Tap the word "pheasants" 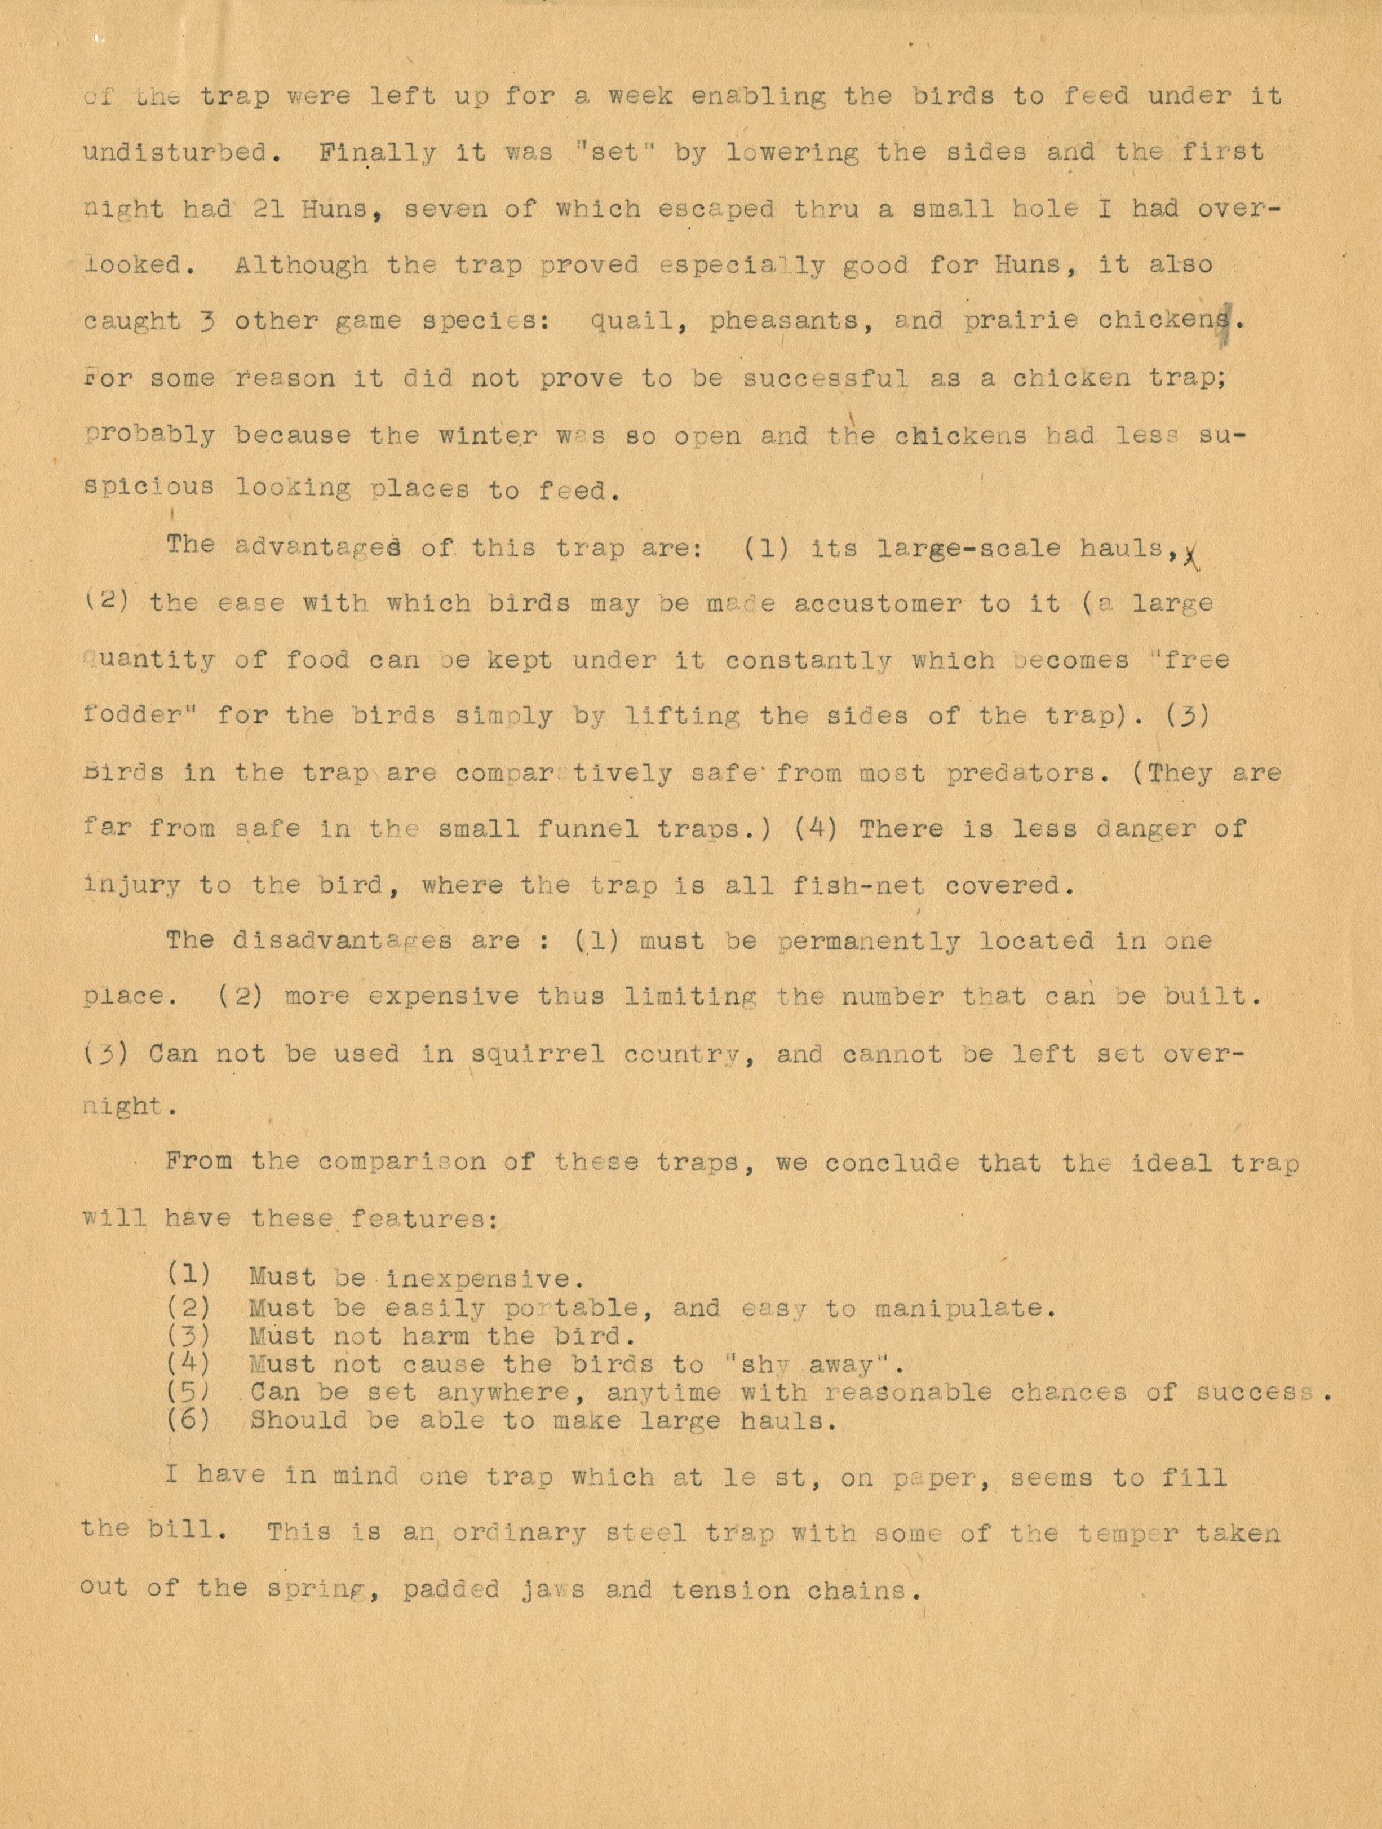[x=783, y=321]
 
